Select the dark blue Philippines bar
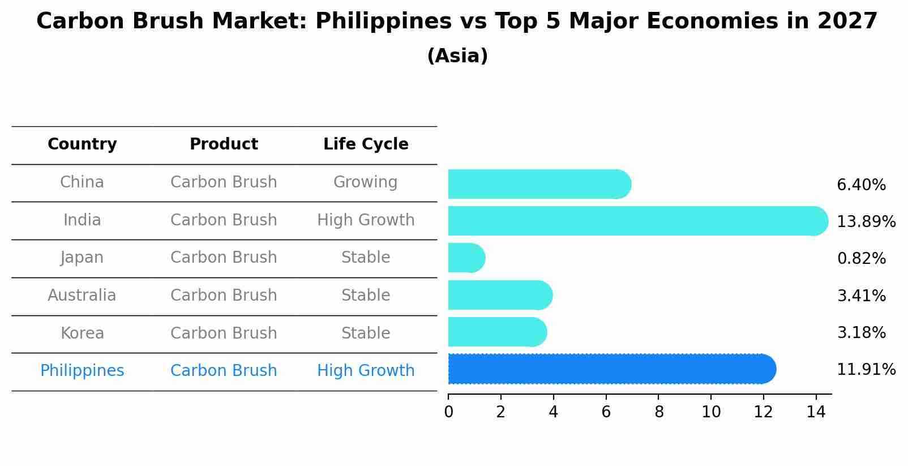[x=611, y=369]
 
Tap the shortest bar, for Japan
[x=466, y=258]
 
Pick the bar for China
[x=539, y=184]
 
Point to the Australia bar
[x=500, y=295]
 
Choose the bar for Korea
[x=497, y=332]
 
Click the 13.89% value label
[x=866, y=221]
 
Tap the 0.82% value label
[x=861, y=259]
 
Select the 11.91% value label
[x=866, y=370]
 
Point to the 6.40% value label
[x=861, y=185]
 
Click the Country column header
[x=82, y=144]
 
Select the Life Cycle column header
[x=366, y=144]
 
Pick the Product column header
[x=224, y=144]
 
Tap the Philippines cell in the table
[x=82, y=370]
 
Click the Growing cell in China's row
[x=365, y=182]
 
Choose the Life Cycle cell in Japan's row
[x=365, y=257]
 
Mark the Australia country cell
[x=82, y=295]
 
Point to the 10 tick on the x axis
[x=711, y=412]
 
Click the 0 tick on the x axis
[x=448, y=412]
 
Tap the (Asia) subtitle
[x=457, y=56]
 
